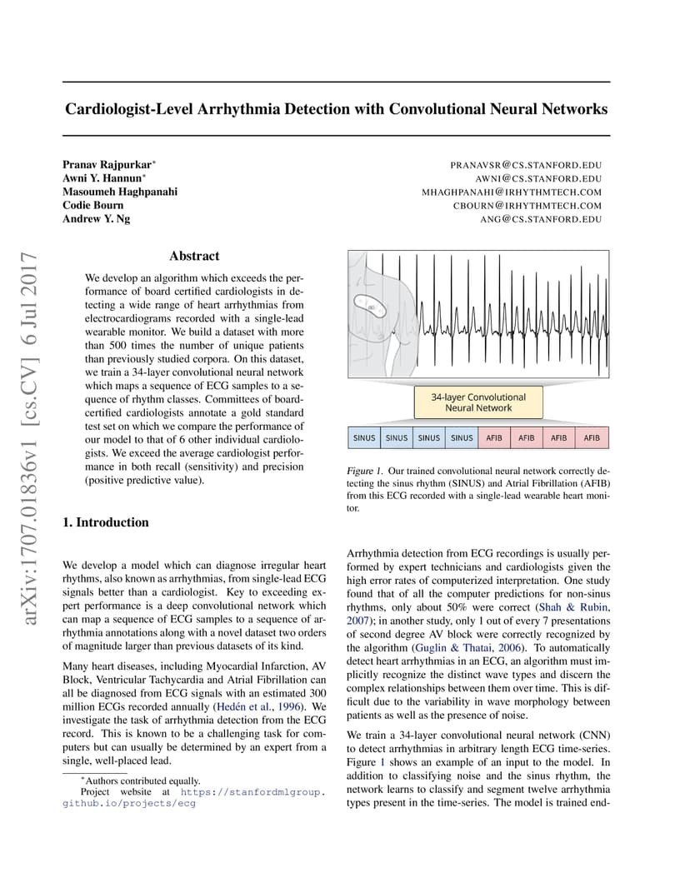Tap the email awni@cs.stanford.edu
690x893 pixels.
[538, 178]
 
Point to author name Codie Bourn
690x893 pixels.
[93, 205]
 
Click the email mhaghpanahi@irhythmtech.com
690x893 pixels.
[512, 192]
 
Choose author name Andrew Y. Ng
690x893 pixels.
[97, 218]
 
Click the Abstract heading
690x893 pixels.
[194, 257]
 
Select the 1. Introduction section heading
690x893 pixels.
[106, 522]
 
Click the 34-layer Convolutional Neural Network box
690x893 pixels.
[478, 403]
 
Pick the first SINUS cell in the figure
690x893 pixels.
[364, 437]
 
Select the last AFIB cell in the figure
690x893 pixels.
[592, 437]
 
